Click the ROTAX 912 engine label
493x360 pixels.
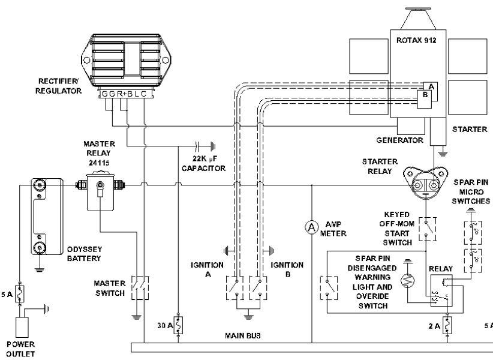pyautogui.click(x=419, y=41)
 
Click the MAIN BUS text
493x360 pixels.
pyautogui.click(x=244, y=336)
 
